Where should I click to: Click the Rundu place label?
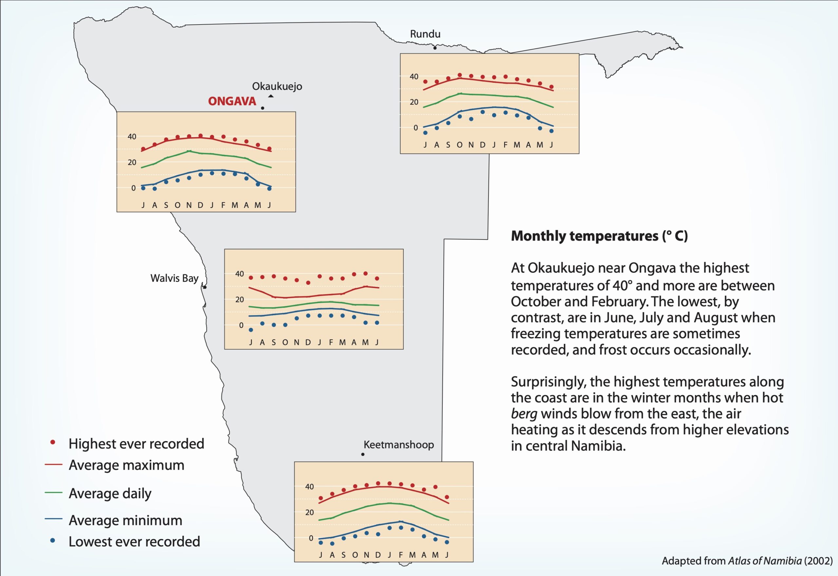(425, 34)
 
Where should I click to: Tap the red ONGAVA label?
(232, 101)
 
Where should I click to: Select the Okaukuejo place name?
(277, 86)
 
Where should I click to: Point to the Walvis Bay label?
(174, 278)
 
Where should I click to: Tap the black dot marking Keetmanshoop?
(363, 454)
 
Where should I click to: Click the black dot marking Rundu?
(435, 48)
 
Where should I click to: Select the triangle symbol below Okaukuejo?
(271, 96)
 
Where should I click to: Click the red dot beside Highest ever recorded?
(53, 442)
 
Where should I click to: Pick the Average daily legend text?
(110, 493)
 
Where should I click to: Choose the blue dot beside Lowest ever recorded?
(53, 540)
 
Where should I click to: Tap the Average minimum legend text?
(125, 520)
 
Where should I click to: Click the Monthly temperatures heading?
(599, 236)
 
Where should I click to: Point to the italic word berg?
(524, 414)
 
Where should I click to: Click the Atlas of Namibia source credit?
(747, 561)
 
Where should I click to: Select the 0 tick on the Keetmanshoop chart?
(311, 538)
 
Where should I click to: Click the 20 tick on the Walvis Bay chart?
(239, 299)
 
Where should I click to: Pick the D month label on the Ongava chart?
(200, 205)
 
